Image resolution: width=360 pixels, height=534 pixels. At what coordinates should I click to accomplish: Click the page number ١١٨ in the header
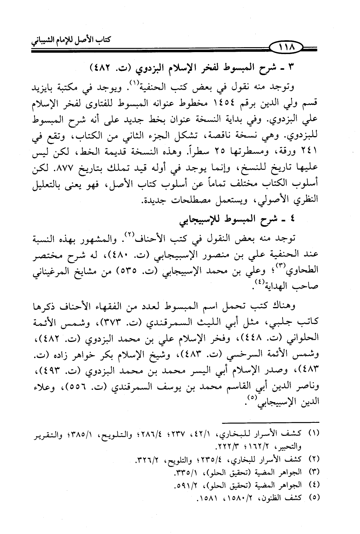click(289, 49)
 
